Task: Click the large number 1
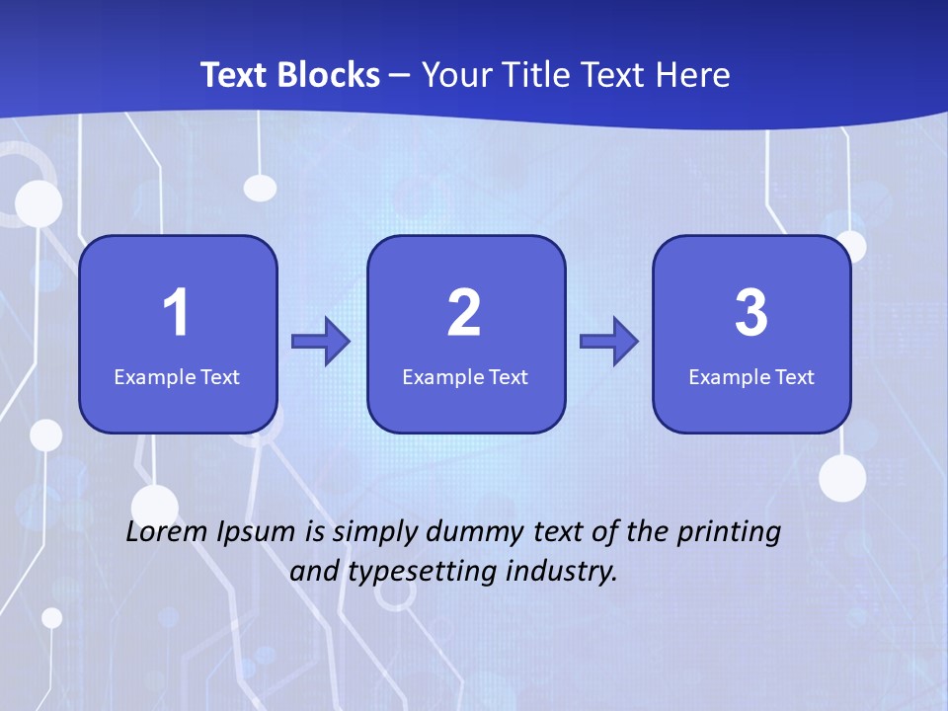click(177, 313)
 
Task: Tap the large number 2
click(464, 313)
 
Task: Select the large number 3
click(751, 313)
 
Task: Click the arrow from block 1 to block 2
click(322, 342)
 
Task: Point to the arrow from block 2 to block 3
click(609, 342)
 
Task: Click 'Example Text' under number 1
click(177, 376)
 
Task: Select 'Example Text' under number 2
click(465, 376)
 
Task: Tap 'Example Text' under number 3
click(751, 376)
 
